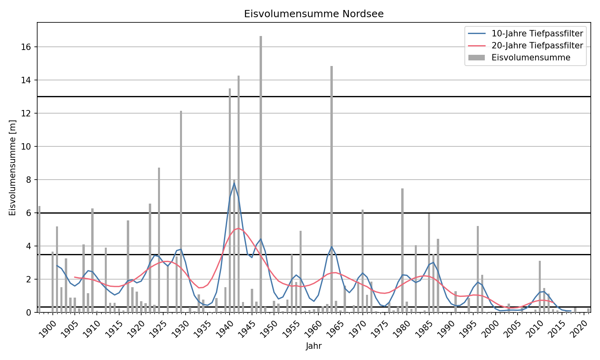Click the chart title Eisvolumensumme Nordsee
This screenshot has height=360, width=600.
click(x=314, y=14)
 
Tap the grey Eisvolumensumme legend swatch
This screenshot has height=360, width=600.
click(x=476, y=58)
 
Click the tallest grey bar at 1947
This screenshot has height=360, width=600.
click(x=261, y=174)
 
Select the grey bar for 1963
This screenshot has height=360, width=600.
click(x=332, y=189)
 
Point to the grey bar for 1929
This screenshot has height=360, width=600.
click(x=181, y=212)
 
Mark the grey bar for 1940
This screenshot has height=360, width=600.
click(x=230, y=200)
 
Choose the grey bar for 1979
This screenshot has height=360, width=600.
click(x=402, y=250)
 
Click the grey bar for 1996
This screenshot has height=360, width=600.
click(x=478, y=269)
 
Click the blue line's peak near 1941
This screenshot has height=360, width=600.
click(x=234, y=183)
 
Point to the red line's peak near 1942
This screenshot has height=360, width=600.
click(x=238, y=228)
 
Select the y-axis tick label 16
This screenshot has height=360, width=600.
click(x=26, y=47)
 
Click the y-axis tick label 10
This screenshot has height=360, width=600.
click(x=26, y=146)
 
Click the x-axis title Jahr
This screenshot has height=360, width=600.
click(x=314, y=346)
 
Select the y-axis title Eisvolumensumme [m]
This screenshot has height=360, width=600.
click(x=12, y=168)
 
